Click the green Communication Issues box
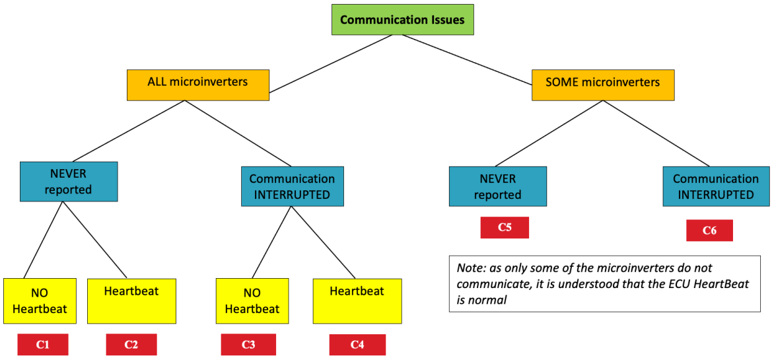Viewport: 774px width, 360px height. pos(402,20)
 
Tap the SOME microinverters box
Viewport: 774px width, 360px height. pos(603,83)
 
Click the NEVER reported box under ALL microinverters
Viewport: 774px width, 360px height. pos(69,181)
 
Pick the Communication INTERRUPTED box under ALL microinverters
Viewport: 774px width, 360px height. pos(291,186)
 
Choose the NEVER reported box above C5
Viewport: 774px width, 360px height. pos(497,186)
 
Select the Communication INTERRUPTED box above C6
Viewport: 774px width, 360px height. pos(715,186)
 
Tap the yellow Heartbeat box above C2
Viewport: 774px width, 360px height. pos(131,301)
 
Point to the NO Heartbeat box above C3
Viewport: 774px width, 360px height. pos(252,301)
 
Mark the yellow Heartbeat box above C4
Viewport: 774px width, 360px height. pos(357,301)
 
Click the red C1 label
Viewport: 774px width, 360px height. pos(42,345)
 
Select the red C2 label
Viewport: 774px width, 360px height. pos(131,345)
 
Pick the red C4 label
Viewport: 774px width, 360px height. pos(357,345)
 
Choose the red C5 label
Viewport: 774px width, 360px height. pos(505,227)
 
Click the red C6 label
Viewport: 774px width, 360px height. pos(709,231)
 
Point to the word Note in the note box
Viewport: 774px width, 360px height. pos(470,269)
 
